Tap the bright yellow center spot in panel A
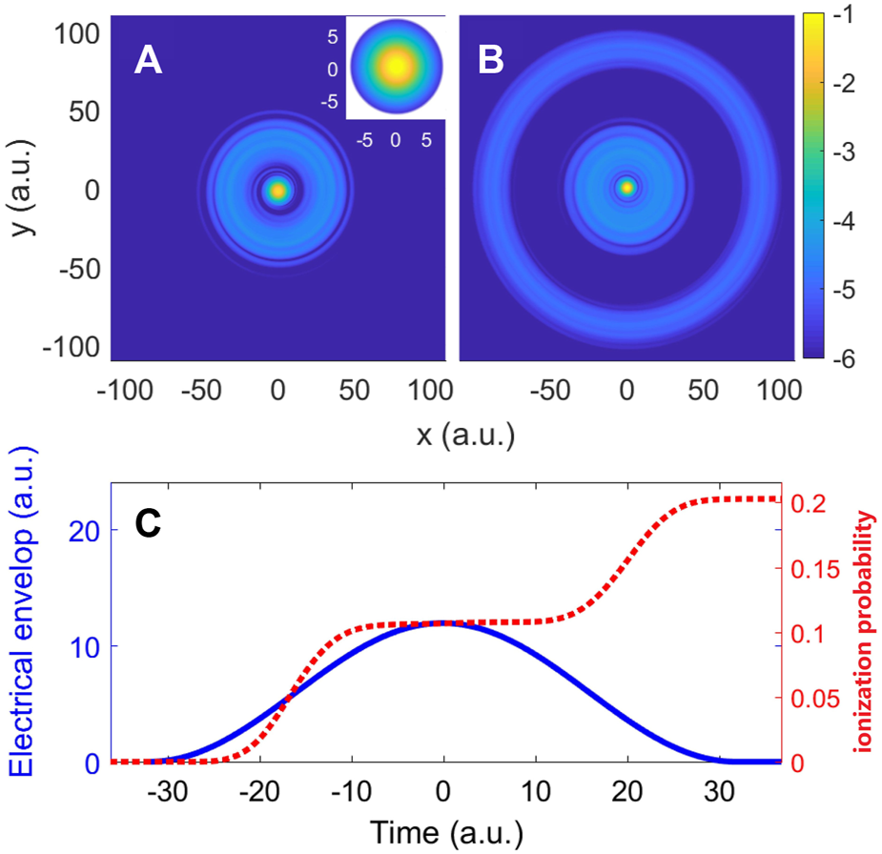[x=277, y=191]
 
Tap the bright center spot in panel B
[x=626, y=188]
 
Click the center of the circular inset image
[x=396, y=68]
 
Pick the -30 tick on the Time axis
[x=166, y=791]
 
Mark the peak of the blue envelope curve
[x=444, y=622]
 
